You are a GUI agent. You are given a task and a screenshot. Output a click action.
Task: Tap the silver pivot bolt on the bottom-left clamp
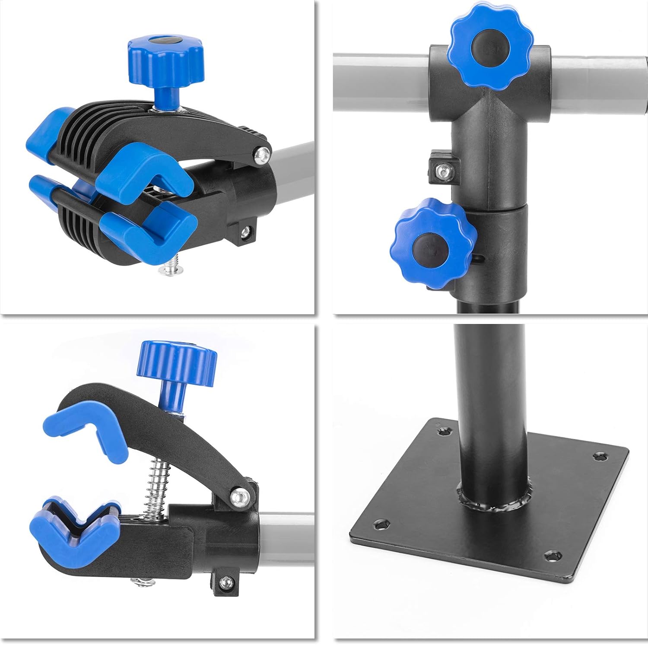(240, 496)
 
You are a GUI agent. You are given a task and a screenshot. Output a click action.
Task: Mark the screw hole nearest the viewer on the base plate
(551, 556)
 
